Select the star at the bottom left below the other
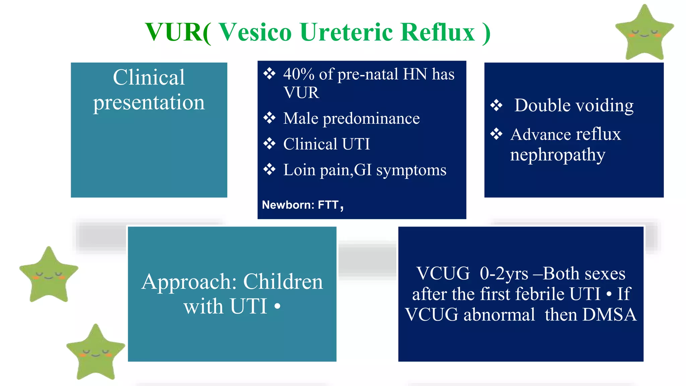point(96,353)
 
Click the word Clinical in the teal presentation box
point(149,77)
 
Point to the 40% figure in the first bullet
point(299,74)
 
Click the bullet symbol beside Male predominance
point(269,118)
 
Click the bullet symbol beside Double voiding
point(496,106)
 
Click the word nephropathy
point(557,155)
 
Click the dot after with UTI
point(277,306)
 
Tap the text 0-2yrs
point(503,274)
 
